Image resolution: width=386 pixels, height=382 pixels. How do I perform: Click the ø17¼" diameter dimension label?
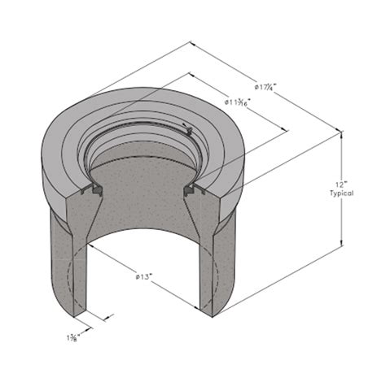coord(265,87)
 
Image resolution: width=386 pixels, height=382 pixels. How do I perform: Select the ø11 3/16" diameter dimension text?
coord(238,102)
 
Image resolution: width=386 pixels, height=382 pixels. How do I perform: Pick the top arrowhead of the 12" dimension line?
coord(342,133)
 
